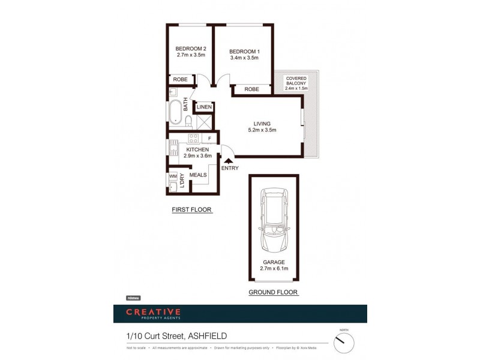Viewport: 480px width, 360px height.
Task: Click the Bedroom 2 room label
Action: [x=191, y=49]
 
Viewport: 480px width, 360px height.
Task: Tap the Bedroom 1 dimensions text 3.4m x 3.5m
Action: [x=244, y=58]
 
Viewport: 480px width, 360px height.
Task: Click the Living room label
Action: [x=262, y=124]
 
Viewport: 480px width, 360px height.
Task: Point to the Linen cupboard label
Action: [x=204, y=107]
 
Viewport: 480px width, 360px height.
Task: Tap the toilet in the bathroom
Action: [x=188, y=122]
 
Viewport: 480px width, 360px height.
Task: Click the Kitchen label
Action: [x=197, y=149]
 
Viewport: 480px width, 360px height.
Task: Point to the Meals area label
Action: [x=198, y=175]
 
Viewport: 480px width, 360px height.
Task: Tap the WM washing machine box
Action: [x=173, y=176]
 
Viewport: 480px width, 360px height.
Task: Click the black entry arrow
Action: [x=227, y=160]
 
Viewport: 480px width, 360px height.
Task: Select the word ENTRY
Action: [x=230, y=168]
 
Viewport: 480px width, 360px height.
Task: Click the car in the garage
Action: [x=273, y=220]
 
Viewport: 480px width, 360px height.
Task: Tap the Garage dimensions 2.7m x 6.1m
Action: [x=273, y=269]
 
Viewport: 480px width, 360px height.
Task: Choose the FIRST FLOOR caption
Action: [x=191, y=210]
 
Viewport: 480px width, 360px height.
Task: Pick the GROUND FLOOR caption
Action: [x=273, y=292]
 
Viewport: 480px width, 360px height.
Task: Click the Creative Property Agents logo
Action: [x=153, y=313]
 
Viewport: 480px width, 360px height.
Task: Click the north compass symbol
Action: [x=344, y=343]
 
